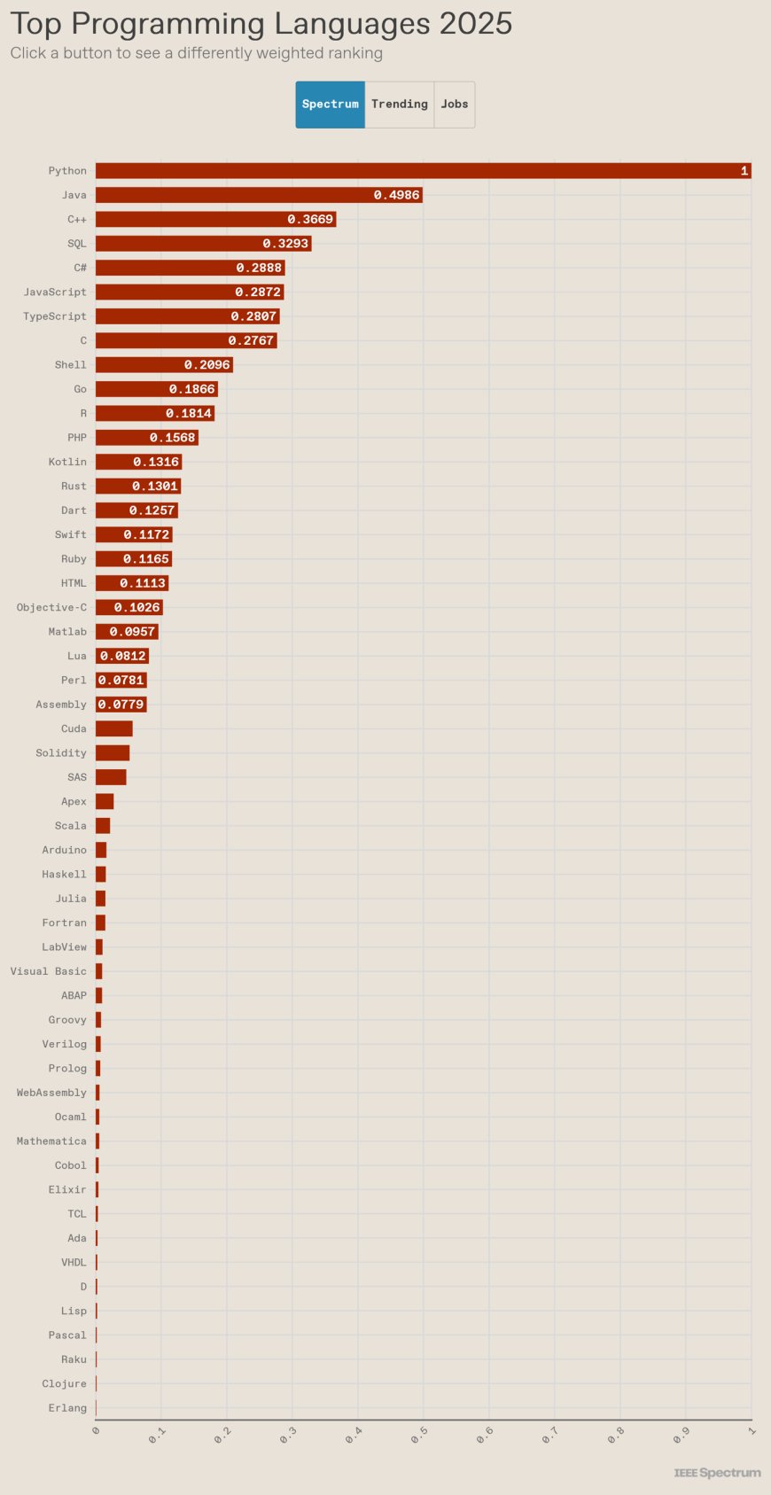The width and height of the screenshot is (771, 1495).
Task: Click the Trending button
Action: coord(399,105)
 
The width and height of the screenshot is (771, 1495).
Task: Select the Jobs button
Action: coord(455,105)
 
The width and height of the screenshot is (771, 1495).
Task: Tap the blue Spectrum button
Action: coord(330,105)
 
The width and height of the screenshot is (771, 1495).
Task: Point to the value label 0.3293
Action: coord(285,244)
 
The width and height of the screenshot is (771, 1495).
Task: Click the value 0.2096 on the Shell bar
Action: coord(206,365)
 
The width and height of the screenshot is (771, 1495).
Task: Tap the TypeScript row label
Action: coord(55,316)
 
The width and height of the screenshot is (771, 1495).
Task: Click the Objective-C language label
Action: coord(51,608)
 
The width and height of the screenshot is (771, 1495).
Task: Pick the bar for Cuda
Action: coord(113,728)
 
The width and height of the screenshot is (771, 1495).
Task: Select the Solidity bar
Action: coord(112,753)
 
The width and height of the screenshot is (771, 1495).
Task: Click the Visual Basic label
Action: coord(49,971)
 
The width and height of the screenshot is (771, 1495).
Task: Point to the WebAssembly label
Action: coord(51,1093)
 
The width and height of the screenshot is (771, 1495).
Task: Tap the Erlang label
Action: coord(67,1408)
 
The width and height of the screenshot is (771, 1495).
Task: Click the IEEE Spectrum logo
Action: coord(717,1472)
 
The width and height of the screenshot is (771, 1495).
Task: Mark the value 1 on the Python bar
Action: coord(744,171)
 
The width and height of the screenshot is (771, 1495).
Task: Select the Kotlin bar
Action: coord(138,462)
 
